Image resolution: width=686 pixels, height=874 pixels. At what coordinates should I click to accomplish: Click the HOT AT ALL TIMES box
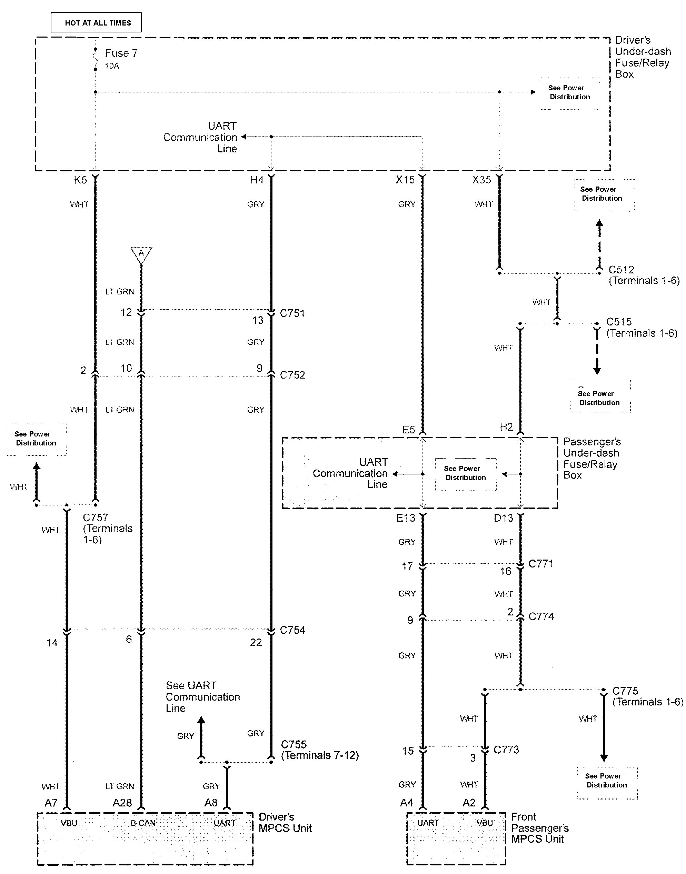96,22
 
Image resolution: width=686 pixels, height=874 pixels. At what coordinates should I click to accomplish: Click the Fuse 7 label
121,53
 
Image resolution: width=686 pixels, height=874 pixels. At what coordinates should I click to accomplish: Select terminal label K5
80,180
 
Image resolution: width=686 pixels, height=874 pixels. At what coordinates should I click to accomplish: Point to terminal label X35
481,180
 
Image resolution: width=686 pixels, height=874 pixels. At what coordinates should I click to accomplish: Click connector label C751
292,313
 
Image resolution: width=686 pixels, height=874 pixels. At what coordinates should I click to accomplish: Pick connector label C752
292,375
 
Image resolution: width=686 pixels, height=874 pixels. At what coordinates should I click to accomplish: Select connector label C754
292,630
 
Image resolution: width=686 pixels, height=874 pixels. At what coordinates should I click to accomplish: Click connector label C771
540,564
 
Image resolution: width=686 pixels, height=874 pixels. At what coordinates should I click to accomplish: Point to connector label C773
506,750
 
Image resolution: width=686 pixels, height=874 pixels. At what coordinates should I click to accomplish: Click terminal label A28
122,803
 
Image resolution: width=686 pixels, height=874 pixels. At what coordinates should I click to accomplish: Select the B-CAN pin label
143,823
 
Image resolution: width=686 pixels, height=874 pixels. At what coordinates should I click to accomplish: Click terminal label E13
406,518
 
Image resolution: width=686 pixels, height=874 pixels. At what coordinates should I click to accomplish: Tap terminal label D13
504,518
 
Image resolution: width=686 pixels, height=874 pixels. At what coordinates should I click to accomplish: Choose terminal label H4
257,180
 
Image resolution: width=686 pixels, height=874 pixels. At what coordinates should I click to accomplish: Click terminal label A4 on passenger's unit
406,803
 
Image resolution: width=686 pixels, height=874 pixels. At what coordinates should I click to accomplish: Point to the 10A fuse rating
112,66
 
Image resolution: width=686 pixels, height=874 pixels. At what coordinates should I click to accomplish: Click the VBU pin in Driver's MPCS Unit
69,823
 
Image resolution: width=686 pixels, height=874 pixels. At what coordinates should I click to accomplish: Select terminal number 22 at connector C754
256,642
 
